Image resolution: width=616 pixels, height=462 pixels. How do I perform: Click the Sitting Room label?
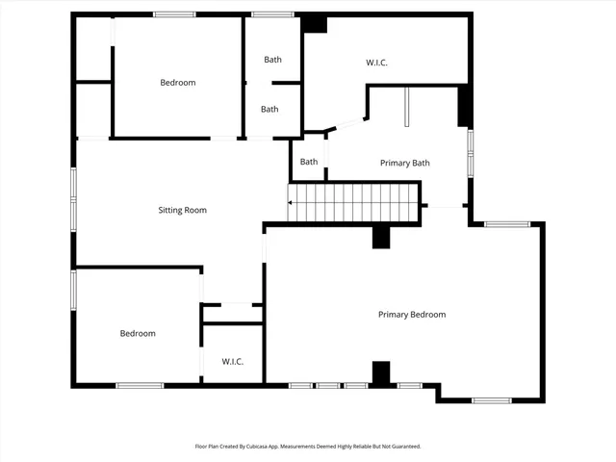(182, 210)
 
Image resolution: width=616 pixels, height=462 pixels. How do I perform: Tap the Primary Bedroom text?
(411, 315)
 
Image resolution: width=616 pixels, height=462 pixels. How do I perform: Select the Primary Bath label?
(404, 163)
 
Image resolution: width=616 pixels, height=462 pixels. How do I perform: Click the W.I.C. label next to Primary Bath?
(376, 63)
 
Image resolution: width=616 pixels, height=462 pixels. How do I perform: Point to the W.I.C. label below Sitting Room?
(232, 362)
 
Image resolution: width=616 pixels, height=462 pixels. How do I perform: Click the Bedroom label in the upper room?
(177, 83)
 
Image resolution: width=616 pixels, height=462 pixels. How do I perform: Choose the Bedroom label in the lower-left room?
(138, 334)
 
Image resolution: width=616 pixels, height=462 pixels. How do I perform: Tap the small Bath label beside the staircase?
(309, 162)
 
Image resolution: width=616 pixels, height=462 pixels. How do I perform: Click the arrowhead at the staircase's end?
(290, 202)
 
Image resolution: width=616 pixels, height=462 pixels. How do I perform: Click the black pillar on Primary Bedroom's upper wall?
(380, 237)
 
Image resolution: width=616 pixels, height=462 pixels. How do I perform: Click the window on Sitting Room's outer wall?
(73, 199)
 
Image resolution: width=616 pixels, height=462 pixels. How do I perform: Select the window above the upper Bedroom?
(174, 13)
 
